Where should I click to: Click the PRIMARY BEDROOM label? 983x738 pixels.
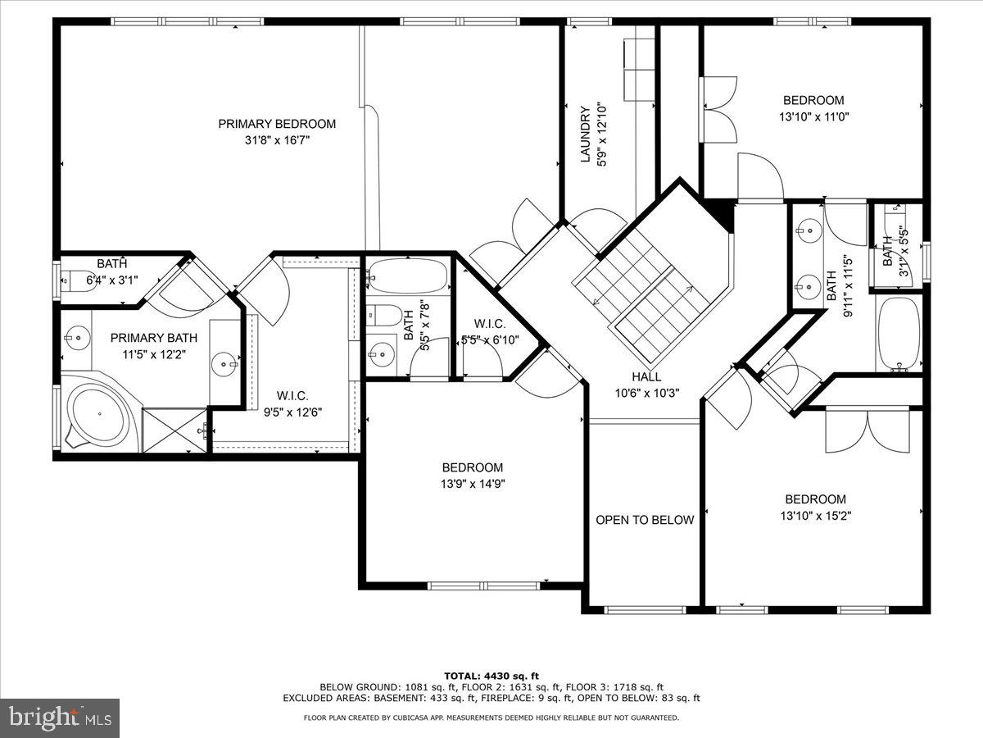click(x=277, y=124)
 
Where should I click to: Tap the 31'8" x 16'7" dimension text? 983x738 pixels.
click(x=277, y=140)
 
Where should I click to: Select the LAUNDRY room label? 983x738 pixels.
click(x=585, y=134)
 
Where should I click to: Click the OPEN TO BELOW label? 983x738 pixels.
click(x=645, y=520)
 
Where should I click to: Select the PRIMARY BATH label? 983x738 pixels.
click(x=153, y=338)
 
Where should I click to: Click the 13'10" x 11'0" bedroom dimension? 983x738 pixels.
click(x=813, y=116)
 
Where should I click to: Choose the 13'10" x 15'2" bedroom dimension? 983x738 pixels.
click(x=815, y=516)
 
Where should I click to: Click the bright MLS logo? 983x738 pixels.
click(x=60, y=718)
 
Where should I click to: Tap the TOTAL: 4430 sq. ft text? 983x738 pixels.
click(x=491, y=676)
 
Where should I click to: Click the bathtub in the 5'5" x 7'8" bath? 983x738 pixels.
click(x=407, y=277)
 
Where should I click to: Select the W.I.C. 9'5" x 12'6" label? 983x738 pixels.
click(x=292, y=403)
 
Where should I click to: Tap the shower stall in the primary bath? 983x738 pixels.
click(x=173, y=430)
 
